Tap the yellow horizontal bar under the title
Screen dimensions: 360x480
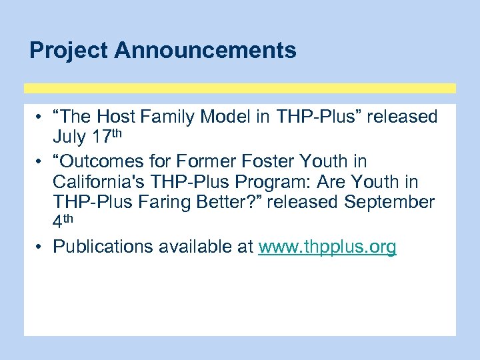[240, 88]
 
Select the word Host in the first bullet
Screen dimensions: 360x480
[119, 117]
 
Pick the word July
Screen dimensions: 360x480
[70, 138]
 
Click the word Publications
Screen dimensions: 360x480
[103, 247]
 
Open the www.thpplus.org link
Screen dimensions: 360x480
[327, 247]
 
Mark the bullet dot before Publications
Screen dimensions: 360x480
[41, 247]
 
